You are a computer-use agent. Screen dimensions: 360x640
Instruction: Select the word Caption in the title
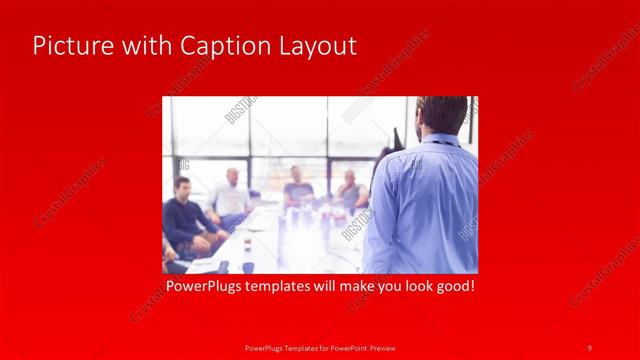click(x=213, y=46)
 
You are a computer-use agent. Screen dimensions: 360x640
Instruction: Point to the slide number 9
click(x=589, y=347)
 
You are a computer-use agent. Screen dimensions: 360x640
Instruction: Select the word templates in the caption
click(x=291, y=286)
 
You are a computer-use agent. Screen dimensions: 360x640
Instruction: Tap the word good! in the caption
click(x=452, y=286)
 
